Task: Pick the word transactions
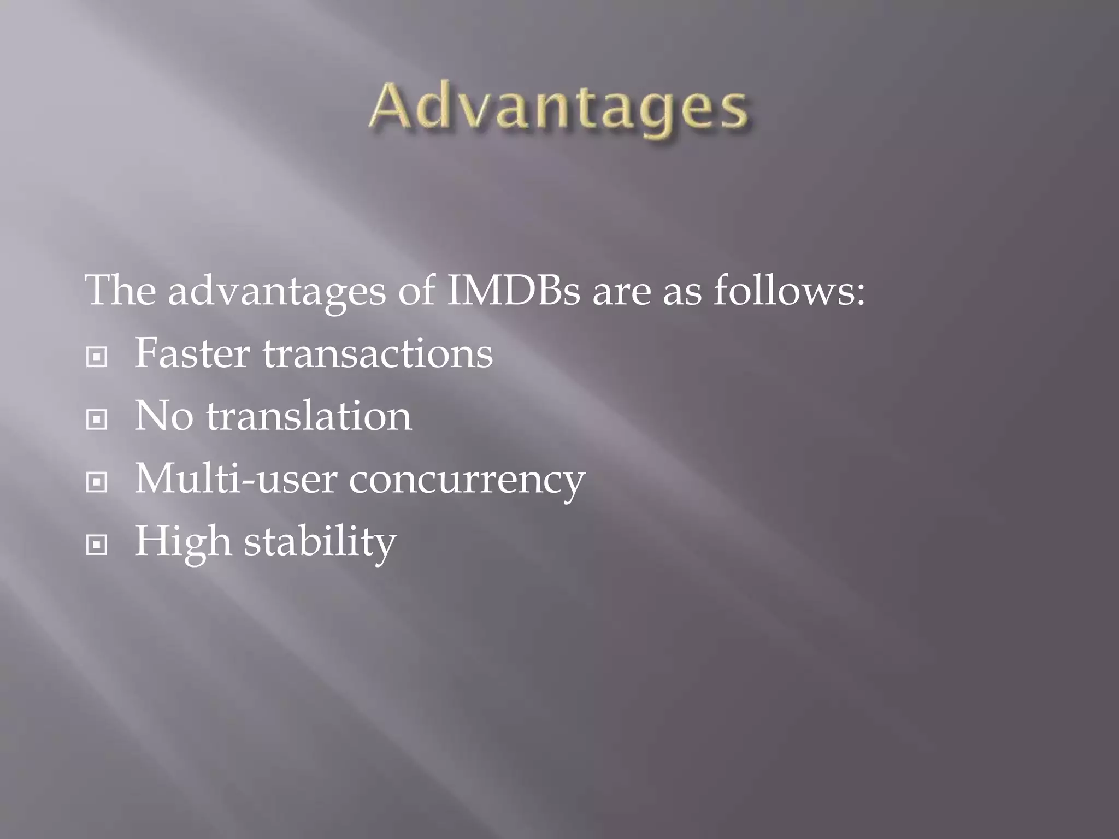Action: coord(378,354)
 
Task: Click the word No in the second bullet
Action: coord(163,416)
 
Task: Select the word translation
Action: coord(309,416)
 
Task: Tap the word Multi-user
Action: coord(235,478)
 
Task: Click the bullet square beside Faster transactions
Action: coord(97,358)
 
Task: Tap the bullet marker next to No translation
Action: coord(97,420)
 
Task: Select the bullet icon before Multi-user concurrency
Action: coord(97,482)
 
